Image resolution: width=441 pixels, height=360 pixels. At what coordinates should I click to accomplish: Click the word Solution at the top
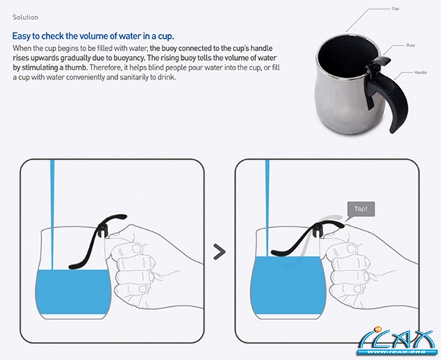pyautogui.click(x=25, y=17)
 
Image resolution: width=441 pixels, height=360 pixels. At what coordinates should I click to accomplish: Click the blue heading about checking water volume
pyautogui.click(x=93, y=36)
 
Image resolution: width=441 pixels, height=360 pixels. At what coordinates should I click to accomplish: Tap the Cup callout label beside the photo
pyautogui.click(x=395, y=9)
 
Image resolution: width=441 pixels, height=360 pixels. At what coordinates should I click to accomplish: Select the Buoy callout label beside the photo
pyautogui.click(x=411, y=45)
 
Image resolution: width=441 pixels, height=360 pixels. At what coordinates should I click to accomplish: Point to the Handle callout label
pyautogui.click(x=420, y=72)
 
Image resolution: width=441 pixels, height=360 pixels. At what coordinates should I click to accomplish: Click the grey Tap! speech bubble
pyautogui.click(x=361, y=209)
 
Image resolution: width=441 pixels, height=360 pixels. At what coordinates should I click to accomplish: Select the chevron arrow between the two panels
pyautogui.click(x=219, y=252)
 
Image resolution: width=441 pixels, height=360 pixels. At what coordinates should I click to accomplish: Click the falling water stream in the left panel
pyautogui.click(x=52, y=215)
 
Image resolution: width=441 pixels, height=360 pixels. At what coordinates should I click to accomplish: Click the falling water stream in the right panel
pyautogui.click(x=267, y=208)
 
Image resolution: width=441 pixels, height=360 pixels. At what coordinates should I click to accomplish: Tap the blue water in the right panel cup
pyautogui.click(x=287, y=285)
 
